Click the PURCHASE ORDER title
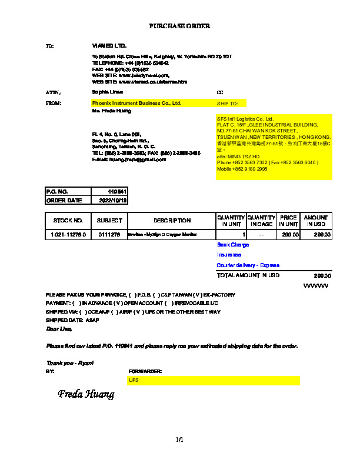179,26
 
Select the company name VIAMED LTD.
109,45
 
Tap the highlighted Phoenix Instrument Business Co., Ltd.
136,103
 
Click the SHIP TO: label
228,104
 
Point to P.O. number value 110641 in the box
117,192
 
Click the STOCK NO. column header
68,221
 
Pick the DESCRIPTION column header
172,221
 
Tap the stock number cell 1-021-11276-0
68,235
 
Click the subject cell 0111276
109,235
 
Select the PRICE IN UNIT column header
288,221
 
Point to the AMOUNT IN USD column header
316,221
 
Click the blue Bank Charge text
233,245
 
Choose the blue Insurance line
229,255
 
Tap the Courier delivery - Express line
248,265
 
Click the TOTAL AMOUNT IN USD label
248,275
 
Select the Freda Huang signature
86,394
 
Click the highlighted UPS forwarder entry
134,381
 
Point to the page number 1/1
179,440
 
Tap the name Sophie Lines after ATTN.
108,92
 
